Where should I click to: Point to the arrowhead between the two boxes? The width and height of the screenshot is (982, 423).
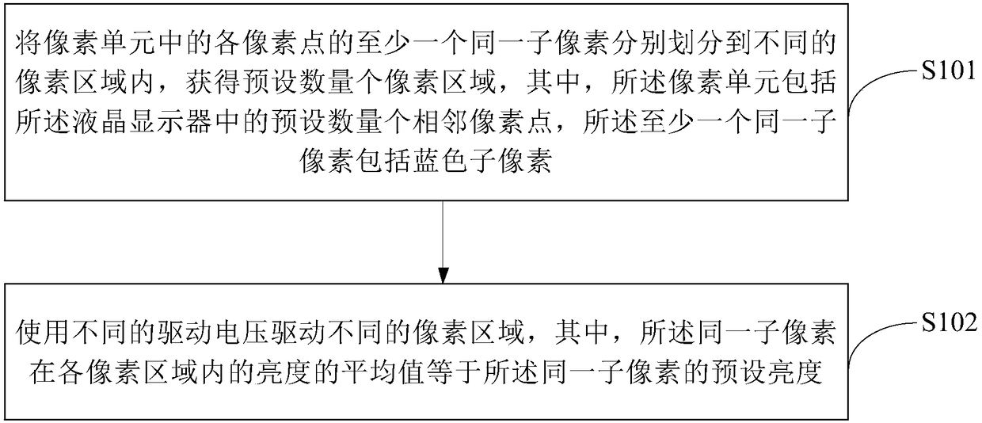[x=443, y=275]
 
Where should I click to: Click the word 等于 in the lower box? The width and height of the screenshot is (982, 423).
[x=494, y=371]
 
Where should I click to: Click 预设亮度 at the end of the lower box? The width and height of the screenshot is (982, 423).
[x=779, y=371]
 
